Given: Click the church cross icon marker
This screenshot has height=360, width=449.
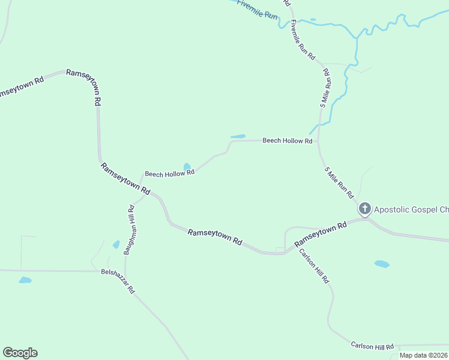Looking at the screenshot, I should tap(364, 209).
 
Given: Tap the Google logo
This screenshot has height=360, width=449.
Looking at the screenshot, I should tap(20, 353).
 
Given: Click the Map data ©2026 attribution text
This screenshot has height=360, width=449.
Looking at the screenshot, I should tap(423, 355).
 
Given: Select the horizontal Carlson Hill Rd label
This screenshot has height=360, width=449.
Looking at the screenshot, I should tap(372, 346).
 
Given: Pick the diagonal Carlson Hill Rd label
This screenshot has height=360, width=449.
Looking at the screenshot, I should tap(315, 266).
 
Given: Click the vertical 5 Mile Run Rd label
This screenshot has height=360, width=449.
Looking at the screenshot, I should tap(325, 88).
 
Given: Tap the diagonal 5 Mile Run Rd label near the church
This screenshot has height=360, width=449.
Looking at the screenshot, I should tap(339, 183).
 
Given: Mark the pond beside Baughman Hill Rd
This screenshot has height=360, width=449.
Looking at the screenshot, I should tap(116, 245).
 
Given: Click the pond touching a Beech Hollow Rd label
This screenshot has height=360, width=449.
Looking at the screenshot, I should tap(187, 166).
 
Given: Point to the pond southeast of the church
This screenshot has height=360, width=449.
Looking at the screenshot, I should tap(382, 263).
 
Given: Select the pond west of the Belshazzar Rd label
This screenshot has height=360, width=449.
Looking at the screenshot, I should tap(25, 280).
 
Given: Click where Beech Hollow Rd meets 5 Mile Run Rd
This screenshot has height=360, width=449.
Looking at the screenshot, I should tap(318, 141).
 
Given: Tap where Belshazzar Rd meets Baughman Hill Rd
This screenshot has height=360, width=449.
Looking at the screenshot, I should tap(124, 272).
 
